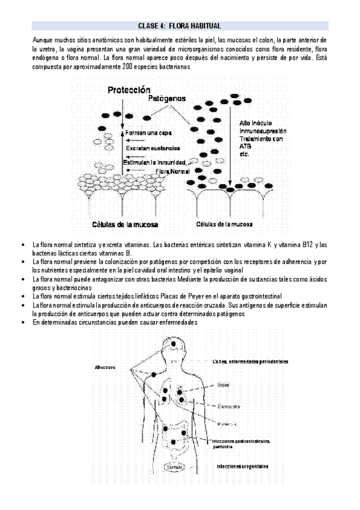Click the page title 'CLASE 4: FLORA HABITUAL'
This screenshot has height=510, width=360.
[180, 26]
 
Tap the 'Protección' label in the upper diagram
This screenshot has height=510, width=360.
[129, 90]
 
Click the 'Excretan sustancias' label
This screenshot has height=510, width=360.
[151, 147]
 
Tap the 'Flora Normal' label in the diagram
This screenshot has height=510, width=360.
[171, 171]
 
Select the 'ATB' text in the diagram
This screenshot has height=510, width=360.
[245, 146]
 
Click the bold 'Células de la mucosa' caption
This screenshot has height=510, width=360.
[125, 224]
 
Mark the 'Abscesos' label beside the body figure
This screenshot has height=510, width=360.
[105, 367]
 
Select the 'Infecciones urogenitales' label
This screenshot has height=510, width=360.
[243, 466]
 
